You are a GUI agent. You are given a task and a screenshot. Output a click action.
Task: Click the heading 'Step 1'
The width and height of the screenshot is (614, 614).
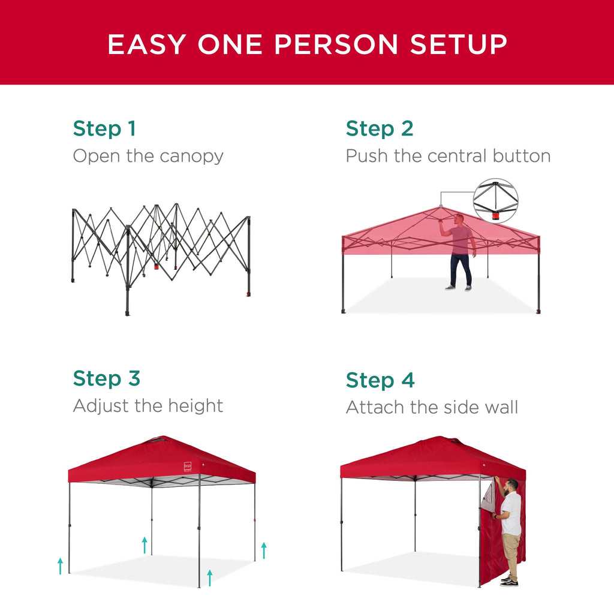[x=104, y=129]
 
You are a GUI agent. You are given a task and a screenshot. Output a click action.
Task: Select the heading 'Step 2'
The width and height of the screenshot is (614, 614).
[x=380, y=129]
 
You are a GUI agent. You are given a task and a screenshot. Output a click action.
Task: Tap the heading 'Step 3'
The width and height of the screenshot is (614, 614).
[x=106, y=378]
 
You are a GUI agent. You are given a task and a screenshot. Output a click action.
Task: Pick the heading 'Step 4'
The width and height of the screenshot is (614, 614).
[x=380, y=380]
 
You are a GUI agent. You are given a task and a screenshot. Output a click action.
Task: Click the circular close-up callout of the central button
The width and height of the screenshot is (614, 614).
[x=495, y=201]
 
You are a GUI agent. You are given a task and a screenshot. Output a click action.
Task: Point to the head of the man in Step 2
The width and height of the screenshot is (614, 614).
[x=459, y=219]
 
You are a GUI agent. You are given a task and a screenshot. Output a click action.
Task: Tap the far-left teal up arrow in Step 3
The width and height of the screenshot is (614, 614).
[x=60, y=565]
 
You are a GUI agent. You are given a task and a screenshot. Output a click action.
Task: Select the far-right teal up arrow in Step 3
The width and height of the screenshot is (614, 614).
[x=263, y=550]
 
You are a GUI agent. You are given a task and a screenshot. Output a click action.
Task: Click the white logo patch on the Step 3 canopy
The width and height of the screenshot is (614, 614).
[x=188, y=466]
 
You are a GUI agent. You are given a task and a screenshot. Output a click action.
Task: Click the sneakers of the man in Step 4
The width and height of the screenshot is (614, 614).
[x=508, y=581]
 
